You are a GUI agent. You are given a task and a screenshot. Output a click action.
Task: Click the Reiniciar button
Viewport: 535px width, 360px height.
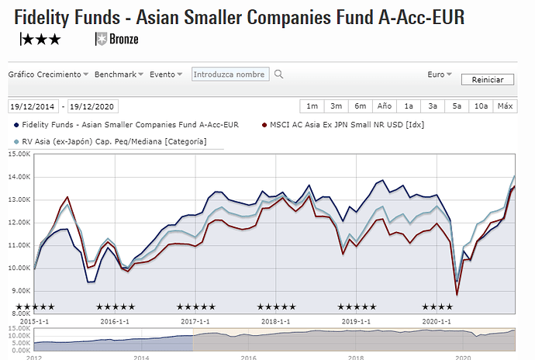point(488,80)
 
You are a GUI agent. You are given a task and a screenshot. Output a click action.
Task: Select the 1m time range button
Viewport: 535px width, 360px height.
point(312,106)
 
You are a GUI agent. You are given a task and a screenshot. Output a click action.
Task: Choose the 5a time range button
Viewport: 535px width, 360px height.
point(457,106)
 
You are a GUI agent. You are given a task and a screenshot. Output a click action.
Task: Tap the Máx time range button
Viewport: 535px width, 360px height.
point(505,106)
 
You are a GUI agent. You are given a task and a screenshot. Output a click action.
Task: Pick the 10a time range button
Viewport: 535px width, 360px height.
point(481,106)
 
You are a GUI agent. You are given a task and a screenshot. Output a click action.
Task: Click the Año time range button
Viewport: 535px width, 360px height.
point(384,106)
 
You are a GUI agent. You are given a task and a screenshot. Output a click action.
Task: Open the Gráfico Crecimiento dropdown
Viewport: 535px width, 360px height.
point(48,74)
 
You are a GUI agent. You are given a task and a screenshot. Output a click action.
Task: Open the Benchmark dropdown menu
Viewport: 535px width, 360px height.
point(119,74)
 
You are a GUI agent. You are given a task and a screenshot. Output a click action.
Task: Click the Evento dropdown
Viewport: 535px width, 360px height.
point(166,74)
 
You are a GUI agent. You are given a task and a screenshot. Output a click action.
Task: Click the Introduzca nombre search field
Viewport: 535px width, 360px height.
point(230,74)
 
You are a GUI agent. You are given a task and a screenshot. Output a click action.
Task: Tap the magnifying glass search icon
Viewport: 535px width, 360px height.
point(279,74)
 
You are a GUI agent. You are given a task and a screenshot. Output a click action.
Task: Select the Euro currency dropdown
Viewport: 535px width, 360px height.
point(440,74)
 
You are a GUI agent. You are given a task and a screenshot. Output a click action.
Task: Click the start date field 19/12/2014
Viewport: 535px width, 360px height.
point(33,107)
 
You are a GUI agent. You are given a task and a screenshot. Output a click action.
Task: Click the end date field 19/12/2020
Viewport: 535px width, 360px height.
point(93,107)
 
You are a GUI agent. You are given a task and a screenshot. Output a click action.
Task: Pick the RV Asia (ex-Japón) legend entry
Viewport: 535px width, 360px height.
point(115,141)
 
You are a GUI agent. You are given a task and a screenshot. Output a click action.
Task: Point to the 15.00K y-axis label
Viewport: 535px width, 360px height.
point(18,154)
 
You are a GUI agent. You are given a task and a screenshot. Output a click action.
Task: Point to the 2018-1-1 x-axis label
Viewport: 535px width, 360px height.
point(276,320)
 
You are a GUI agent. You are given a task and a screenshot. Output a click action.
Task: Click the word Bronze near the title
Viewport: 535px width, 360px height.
point(124,39)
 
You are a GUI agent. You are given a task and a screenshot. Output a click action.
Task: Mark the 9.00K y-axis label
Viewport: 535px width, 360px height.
point(19,290)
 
